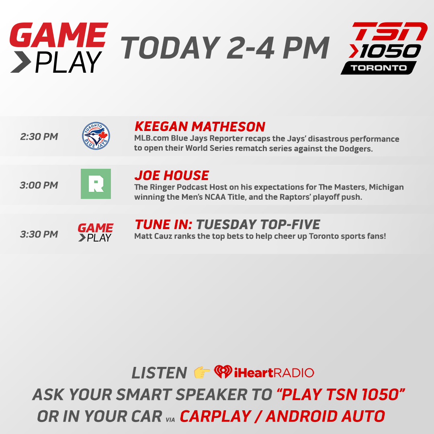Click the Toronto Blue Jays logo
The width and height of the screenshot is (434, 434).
[96, 137]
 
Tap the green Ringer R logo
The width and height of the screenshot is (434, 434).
[96, 184]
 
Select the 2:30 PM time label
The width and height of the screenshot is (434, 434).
[39, 137]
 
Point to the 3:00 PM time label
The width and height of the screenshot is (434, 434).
[39, 185]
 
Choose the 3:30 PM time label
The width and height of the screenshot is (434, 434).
[39, 234]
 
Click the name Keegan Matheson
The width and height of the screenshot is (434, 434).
[200, 127]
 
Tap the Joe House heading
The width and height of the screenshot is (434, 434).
[172, 176]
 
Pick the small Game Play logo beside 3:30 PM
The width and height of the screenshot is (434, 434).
[95, 233]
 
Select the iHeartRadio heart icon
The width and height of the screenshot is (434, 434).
[223, 372]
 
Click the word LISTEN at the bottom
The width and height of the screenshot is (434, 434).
[159, 373]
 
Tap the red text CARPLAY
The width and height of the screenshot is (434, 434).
[215, 416]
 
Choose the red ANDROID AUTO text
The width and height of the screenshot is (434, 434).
[325, 416]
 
